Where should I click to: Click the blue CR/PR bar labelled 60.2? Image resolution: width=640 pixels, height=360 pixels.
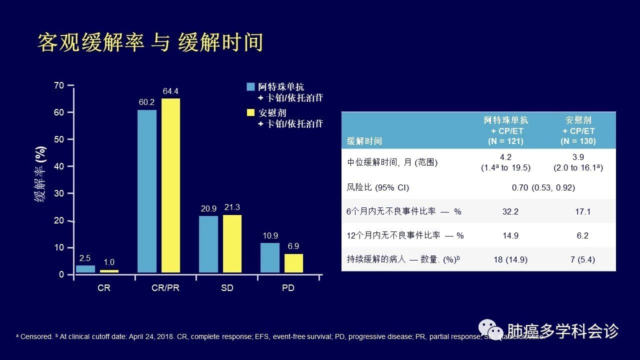[x=147, y=191]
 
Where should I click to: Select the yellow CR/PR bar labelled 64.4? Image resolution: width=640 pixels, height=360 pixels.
[x=170, y=185]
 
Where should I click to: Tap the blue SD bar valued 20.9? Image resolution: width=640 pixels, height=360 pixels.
[x=208, y=244]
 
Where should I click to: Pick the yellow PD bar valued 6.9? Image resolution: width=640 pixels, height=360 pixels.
[x=294, y=263]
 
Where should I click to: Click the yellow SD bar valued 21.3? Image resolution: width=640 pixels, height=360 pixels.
[x=232, y=243]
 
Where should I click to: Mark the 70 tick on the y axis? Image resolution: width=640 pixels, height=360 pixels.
[x=59, y=85]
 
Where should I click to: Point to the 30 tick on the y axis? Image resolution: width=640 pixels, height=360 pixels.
[x=59, y=193]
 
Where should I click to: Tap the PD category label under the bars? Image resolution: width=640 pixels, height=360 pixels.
[x=288, y=288]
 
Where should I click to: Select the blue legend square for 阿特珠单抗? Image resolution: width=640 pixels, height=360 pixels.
[x=251, y=86]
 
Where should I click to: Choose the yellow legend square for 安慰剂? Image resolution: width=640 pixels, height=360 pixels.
[x=251, y=112]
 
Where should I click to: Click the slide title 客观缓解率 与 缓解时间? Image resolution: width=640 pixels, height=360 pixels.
[x=150, y=43]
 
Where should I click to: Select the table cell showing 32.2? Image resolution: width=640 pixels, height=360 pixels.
[x=510, y=211]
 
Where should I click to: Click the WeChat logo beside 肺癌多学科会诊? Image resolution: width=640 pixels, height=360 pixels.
[x=490, y=330]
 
